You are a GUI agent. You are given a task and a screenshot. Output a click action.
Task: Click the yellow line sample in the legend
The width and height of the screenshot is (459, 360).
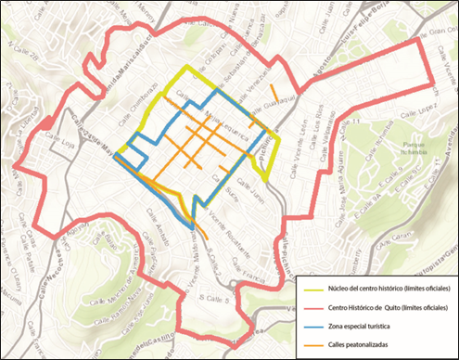312,289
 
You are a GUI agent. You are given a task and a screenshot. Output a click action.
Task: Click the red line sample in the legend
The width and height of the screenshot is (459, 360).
312,306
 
